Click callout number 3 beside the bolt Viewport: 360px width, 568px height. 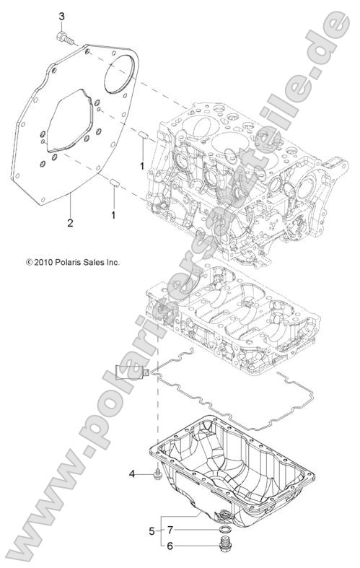coord(61,16)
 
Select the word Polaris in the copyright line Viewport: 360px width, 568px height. coord(72,263)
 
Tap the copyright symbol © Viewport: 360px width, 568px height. coord(29,263)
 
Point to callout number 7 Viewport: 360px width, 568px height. coord(170,530)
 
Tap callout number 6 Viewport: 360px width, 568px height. coord(170,546)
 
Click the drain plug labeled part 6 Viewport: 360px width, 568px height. coord(206,547)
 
